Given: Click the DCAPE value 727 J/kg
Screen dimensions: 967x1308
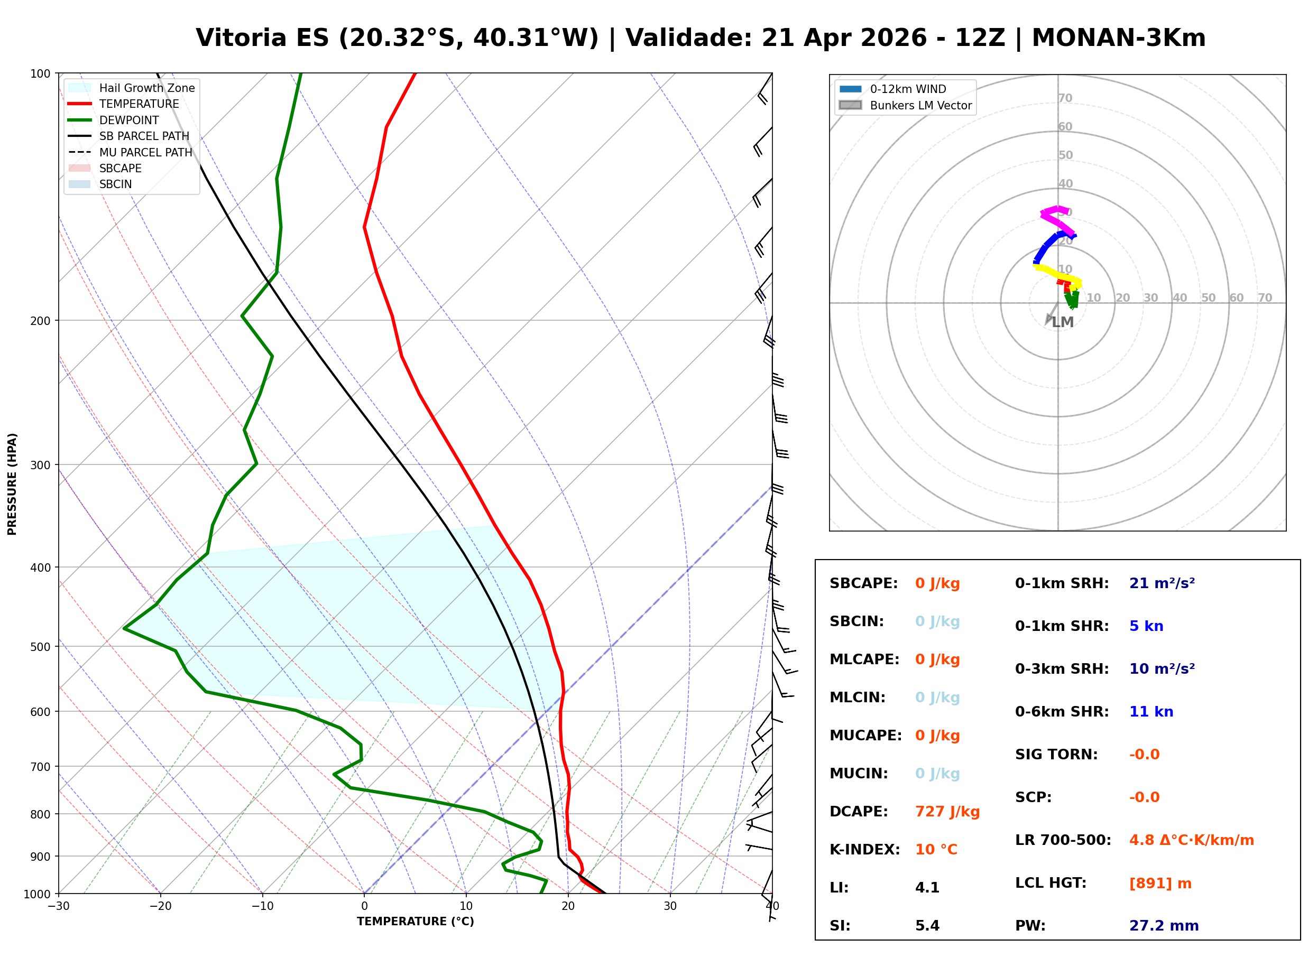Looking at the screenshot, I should [947, 812].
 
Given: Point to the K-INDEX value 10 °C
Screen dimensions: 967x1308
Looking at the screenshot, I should [936, 850].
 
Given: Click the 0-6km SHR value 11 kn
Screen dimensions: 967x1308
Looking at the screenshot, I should [1150, 712].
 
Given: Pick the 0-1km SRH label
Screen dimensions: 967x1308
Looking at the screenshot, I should [1062, 583].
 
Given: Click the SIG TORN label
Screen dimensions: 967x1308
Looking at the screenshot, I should [1056, 755].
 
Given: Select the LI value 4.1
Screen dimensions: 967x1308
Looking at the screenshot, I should [927, 888].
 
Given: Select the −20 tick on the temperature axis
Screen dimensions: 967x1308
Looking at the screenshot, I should [160, 906].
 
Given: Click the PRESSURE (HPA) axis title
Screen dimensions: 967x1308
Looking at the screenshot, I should [12, 484].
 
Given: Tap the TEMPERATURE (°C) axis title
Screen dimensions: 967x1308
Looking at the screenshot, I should [415, 922].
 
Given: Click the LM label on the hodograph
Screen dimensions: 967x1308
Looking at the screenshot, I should [1062, 322].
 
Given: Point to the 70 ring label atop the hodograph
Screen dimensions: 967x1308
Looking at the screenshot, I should [1065, 98].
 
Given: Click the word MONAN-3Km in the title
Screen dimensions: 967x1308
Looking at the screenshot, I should [1118, 38].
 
